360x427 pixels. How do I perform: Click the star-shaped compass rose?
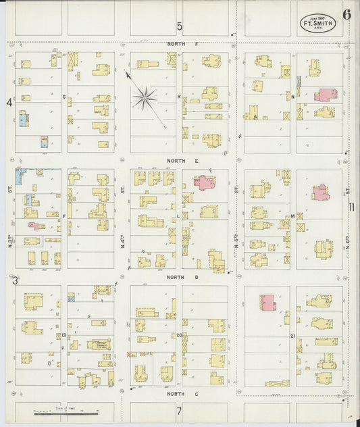[144, 99]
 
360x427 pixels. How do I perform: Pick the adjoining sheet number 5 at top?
[180, 26]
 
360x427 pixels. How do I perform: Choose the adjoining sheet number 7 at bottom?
[180, 410]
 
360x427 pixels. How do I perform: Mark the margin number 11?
[352, 208]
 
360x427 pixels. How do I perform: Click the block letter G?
[64, 97]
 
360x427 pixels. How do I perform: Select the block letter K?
[179, 97]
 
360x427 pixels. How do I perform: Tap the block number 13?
[63, 335]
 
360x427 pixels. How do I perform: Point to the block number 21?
[292, 336]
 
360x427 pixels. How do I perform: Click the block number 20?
[179, 335]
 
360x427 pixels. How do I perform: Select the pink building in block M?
[320, 193]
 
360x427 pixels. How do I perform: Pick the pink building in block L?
[203, 181]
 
